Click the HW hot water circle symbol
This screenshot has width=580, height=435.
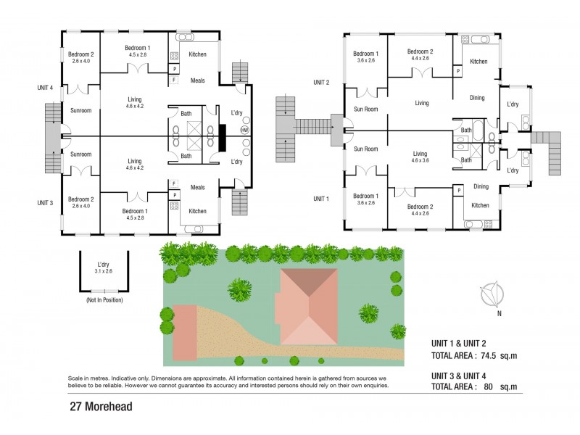click(244, 130)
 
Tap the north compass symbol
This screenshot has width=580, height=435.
click(492, 295)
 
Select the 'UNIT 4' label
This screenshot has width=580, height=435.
click(46, 88)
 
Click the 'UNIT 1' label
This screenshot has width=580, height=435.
click(321, 199)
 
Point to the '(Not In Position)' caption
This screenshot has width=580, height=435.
click(104, 299)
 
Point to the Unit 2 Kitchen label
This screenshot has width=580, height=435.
click(478, 62)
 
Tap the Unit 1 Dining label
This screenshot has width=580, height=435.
click(481, 186)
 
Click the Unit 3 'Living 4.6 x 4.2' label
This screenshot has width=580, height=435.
click(134, 165)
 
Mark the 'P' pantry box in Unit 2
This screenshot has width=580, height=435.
click(458, 71)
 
